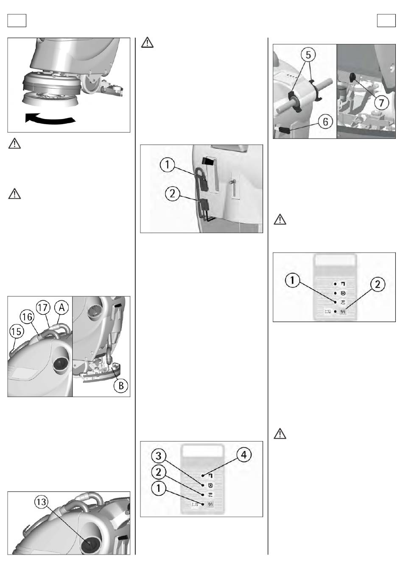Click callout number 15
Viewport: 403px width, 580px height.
(x=16, y=332)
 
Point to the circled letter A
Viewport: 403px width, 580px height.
(x=62, y=308)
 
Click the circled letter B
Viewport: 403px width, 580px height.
(x=121, y=386)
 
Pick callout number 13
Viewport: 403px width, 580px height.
(x=41, y=502)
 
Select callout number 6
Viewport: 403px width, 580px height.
(x=325, y=122)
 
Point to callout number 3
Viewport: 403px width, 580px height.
(x=159, y=456)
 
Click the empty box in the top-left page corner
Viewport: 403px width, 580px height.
(x=17, y=20)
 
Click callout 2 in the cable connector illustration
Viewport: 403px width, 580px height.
(x=172, y=194)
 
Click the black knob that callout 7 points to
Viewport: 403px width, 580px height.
(x=352, y=76)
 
